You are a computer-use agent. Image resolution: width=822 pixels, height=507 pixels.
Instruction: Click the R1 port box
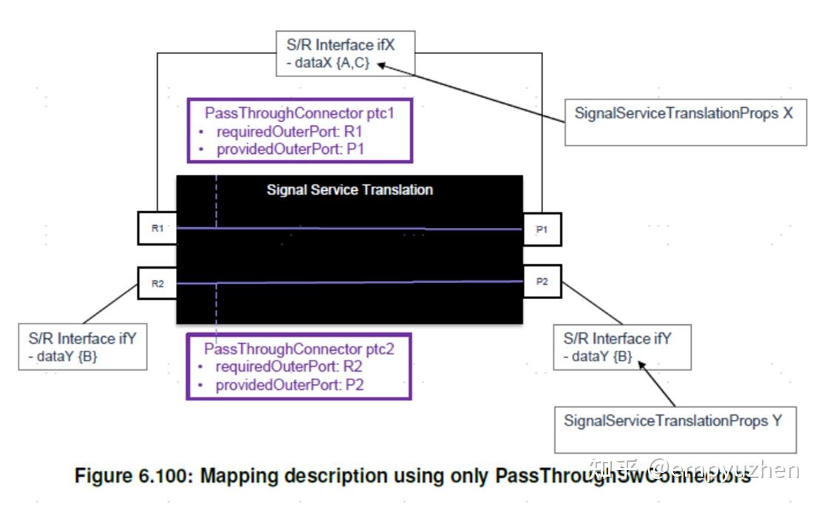[157, 229]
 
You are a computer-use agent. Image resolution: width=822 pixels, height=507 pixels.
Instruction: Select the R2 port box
[157, 283]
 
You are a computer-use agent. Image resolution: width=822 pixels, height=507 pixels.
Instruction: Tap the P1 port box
[542, 229]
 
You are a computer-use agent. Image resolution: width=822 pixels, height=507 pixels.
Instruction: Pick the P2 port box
[542, 282]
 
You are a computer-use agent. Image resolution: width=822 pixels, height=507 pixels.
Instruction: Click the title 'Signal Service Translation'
[349, 189]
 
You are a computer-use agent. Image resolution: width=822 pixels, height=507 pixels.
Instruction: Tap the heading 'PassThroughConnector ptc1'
[299, 114]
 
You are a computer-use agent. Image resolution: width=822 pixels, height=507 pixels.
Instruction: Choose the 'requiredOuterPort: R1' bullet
[289, 132]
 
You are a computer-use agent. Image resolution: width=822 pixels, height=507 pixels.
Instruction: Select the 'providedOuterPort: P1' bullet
[290, 149]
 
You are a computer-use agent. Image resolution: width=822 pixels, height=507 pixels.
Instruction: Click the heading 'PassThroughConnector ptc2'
[299, 349]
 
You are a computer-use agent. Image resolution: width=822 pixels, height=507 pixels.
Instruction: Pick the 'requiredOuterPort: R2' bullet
[289, 366]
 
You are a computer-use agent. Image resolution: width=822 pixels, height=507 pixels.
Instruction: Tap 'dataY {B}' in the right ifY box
[598, 357]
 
